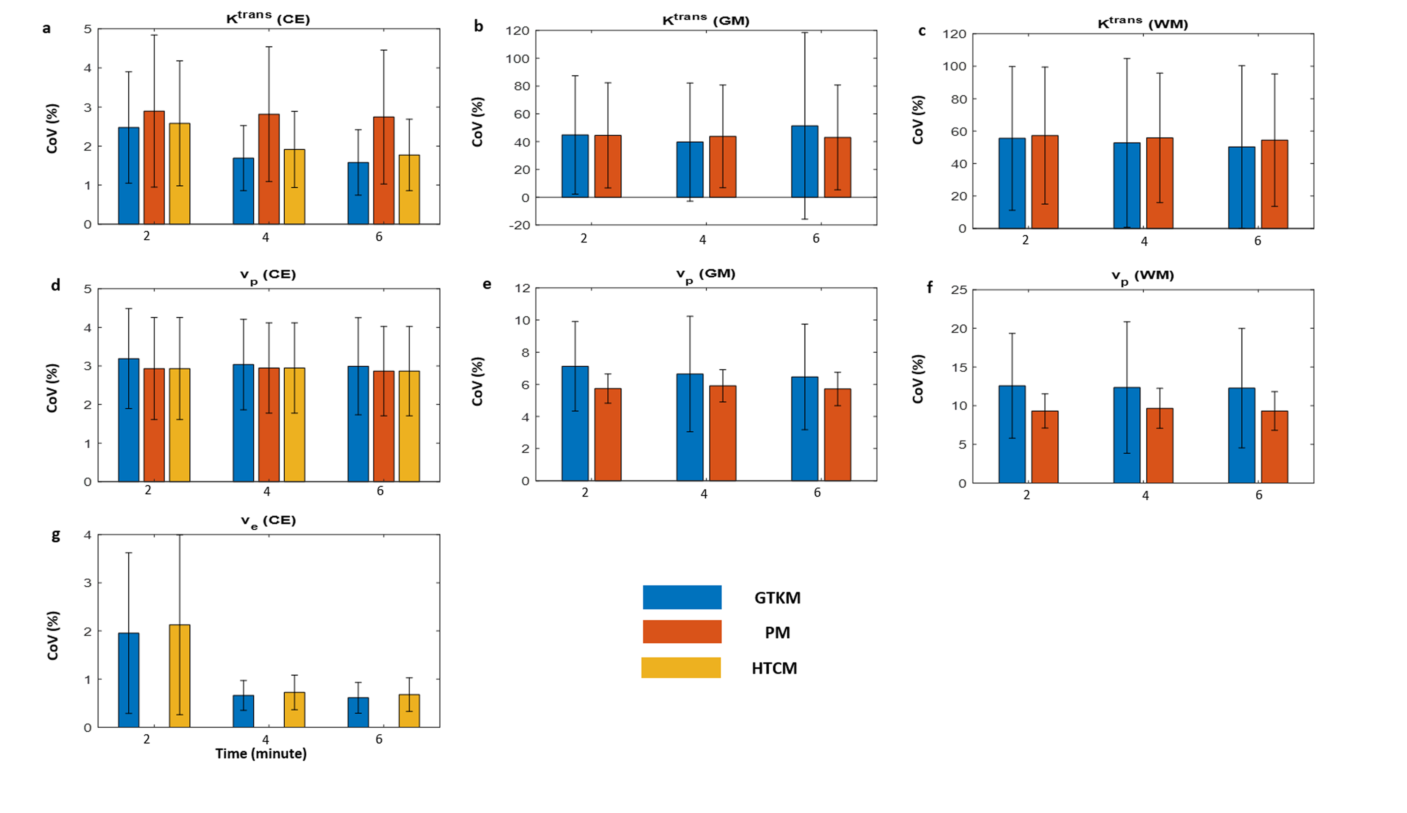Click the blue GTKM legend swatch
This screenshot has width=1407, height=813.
tap(682, 597)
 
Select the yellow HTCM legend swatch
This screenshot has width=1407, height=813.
tap(680, 668)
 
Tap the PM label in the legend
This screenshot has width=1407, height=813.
tap(777, 633)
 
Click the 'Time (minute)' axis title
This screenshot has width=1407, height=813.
tap(261, 754)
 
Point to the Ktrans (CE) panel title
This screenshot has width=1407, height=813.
tap(268, 18)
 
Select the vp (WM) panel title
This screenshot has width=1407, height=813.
tap(1143, 276)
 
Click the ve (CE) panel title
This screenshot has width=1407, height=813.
tap(268, 521)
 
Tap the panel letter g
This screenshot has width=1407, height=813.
tap(55, 535)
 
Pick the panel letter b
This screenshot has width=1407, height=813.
tap(478, 26)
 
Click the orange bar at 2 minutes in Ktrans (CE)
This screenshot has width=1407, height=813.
tap(154, 168)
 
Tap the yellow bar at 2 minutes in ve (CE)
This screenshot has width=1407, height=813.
tap(180, 676)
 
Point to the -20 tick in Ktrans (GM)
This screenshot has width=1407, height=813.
tap(518, 225)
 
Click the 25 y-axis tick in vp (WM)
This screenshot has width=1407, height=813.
tap(959, 290)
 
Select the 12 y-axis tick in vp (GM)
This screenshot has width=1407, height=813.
tap(523, 289)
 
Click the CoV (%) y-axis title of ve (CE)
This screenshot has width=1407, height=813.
tap(53, 635)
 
